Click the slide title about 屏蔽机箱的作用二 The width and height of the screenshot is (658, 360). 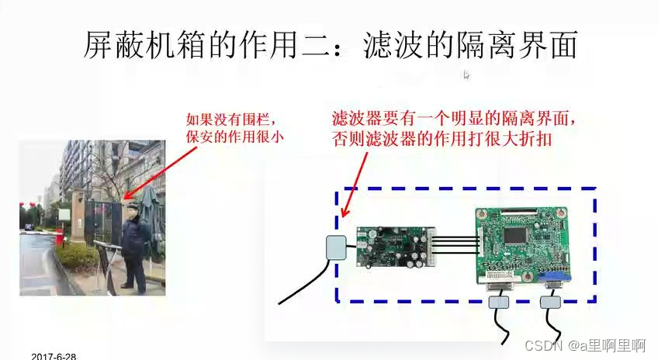[x=331, y=45]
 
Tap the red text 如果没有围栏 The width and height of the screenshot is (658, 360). [x=230, y=119]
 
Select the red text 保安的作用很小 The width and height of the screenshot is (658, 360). [x=235, y=137]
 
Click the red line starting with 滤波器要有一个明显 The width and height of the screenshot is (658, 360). [x=453, y=119]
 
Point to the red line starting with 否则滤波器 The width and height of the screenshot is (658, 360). [x=442, y=139]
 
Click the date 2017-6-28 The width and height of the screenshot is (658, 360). [x=54, y=356]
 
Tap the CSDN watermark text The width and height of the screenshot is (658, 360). [x=585, y=345]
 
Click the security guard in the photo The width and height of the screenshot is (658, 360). [x=134, y=248]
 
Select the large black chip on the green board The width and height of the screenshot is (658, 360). [x=515, y=235]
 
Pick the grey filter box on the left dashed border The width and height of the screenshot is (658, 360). [x=336, y=247]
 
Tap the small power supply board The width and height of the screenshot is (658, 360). [x=396, y=247]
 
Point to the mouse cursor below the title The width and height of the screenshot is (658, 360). [x=466, y=75]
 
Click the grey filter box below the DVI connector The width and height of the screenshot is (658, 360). [x=498, y=302]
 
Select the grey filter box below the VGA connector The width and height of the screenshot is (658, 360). [x=550, y=302]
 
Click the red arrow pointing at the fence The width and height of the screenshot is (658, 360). [x=160, y=173]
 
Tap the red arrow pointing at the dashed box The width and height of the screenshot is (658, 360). [x=355, y=185]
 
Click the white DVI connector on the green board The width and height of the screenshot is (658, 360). [x=501, y=282]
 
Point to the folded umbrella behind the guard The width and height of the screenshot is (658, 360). [x=151, y=218]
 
